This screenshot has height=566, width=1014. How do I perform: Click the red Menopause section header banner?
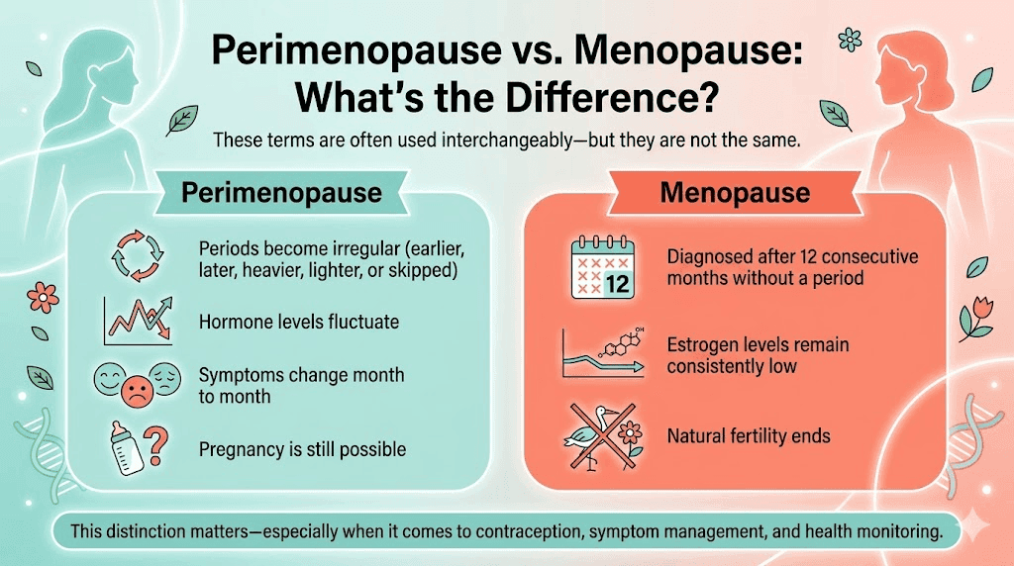pos(733,191)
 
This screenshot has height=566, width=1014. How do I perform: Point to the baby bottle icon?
pos(126,449)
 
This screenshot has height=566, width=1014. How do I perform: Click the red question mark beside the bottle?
pos(155,446)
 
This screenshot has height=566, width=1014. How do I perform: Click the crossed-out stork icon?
pos(604,433)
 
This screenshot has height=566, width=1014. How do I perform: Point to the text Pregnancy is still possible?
pos(302,449)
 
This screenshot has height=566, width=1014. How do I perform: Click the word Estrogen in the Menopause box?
pos(701,345)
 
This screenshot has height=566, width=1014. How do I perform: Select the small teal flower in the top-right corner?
pos(850,40)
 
